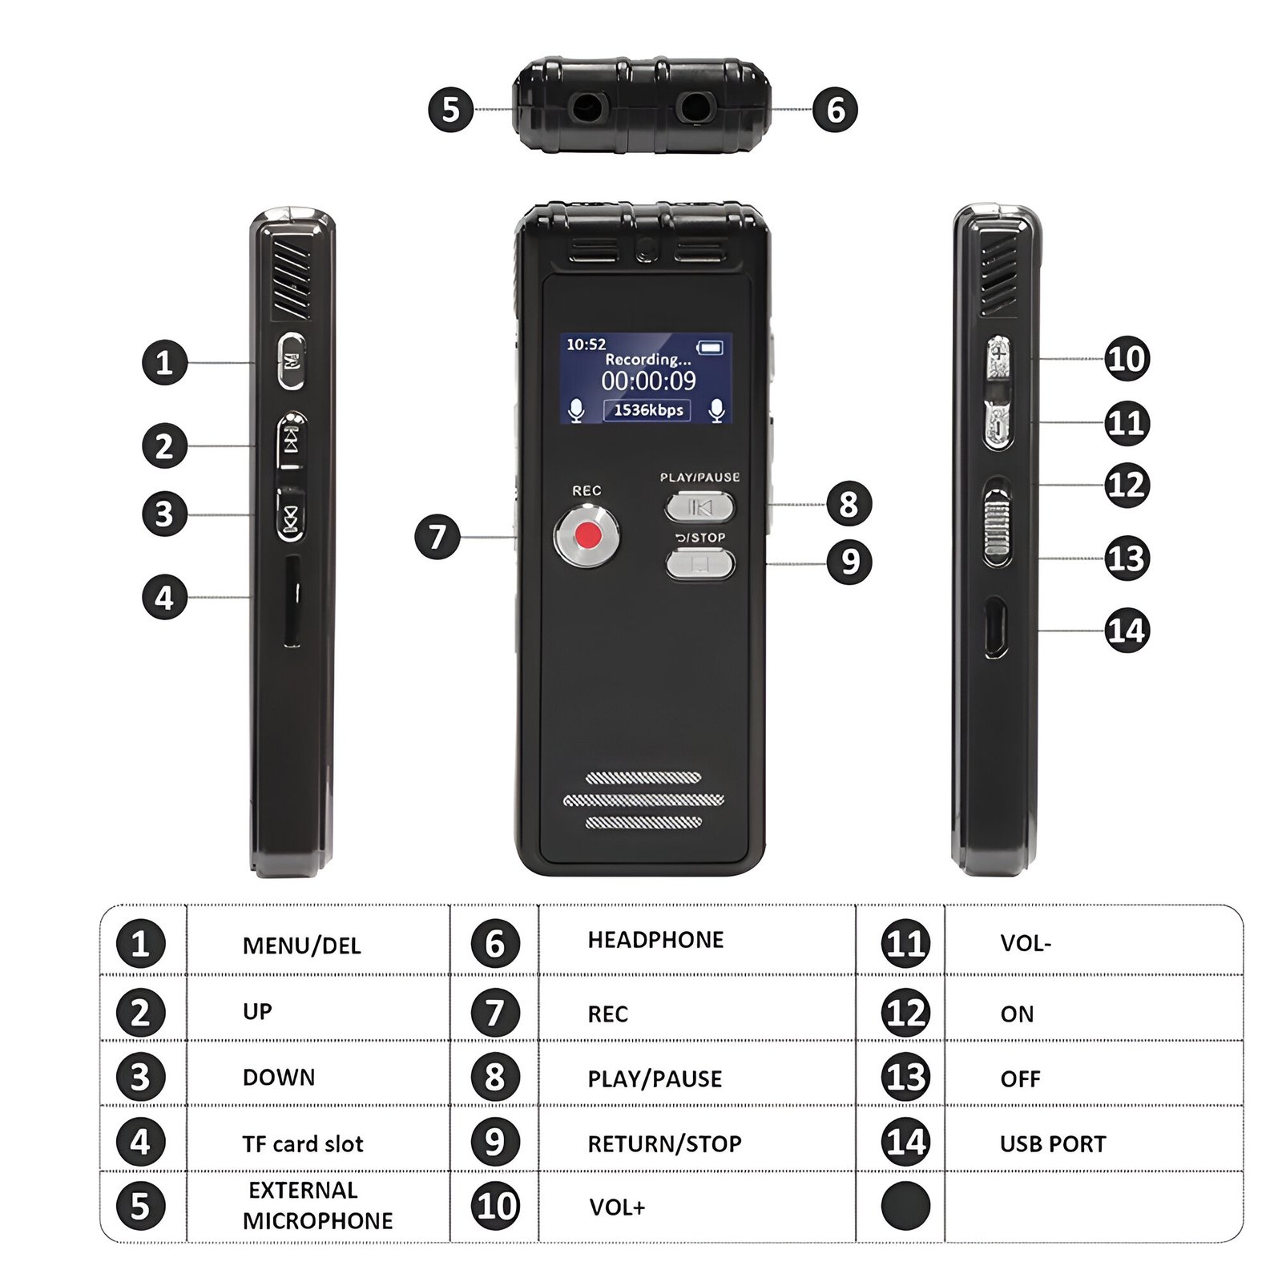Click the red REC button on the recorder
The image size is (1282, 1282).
pyautogui.click(x=587, y=534)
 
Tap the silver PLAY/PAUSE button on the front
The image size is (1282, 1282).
pyautogui.click(x=699, y=507)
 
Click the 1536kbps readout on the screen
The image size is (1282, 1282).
pyautogui.click(x=647, y=410)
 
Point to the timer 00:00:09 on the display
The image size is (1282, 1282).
pyautogui.click(x=649, y=381)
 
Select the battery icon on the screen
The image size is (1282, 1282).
pyautogui.click(x=710, y=347)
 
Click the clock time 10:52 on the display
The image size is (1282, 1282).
pyautogui.click(x=586, y=345)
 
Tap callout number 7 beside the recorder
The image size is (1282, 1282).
pyautogui.click(x=437, y=536)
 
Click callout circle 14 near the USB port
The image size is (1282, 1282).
pyautogui.click(x=1127, y=631)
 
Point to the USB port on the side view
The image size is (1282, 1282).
pyautogui.click(x=996, y=628)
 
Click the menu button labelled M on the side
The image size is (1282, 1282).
pyautogui.click(x=291, y=361)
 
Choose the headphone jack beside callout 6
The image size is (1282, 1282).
pyautogui.click(x=694, y=107)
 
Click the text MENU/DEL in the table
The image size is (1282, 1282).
pyautogui.click(x=301, y=945)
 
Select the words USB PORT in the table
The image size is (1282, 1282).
pyautogui.click(x=1053, y=1144)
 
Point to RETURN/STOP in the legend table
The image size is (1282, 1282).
pyautogui.click(x=664, y=1144)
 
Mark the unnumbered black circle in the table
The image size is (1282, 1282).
pyautogui.click(x=905, y=1205)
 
